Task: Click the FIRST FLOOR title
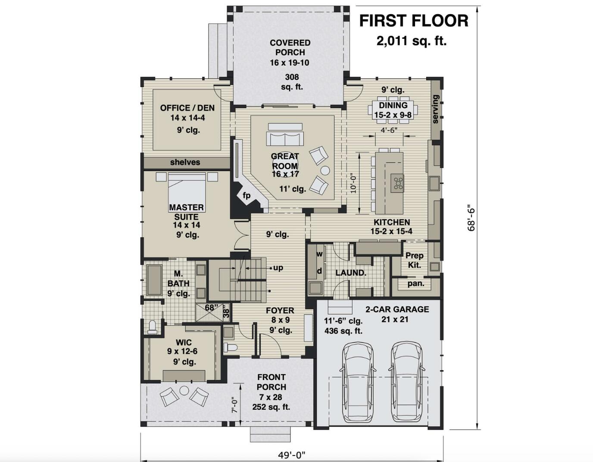[x=414, y=21]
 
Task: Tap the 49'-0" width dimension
[x=292, y=455]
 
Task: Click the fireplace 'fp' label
[x=247, y=195]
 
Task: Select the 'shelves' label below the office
[x=185, y=162]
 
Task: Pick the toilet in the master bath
[x=152, y=327]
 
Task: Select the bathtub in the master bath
[x=154, y=279]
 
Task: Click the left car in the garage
[x=357, y=377]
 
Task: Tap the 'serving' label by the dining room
[x=436, y=109]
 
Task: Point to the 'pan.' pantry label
[x=416, y=284]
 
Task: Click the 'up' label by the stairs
[x=278, y=268]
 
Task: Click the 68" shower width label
[x=210, y=307]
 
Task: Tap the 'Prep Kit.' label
[x=415, y=260]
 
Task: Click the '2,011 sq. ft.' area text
[x=412, y=41]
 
